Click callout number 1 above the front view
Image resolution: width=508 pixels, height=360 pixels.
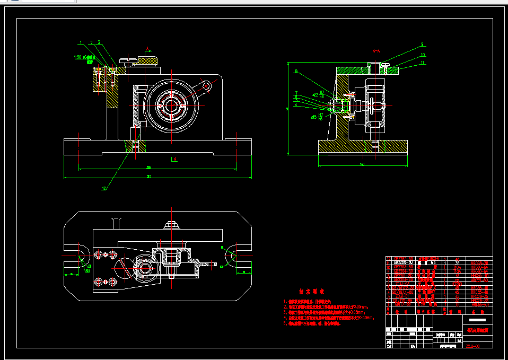[x=81, y=42]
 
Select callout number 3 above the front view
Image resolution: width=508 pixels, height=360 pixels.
[x=99, y=42]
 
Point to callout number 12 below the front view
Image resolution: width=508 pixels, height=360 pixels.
[x=104, y=188]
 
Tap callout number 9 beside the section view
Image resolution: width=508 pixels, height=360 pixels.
[x=422, y=45]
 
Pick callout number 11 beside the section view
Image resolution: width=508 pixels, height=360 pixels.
[x=423, y=63]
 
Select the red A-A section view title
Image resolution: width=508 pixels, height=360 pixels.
[x=376, y=51]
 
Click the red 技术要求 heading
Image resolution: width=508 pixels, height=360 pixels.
[x=311, y=292]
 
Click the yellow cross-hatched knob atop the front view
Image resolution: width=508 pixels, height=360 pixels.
[x=148, y=60]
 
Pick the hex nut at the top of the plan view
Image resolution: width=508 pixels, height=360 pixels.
[x=171, y=224]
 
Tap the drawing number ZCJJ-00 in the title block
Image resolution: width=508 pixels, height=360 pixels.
[x=472, y=346]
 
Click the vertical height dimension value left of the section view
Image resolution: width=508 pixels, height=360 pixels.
[x=287, y=108]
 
